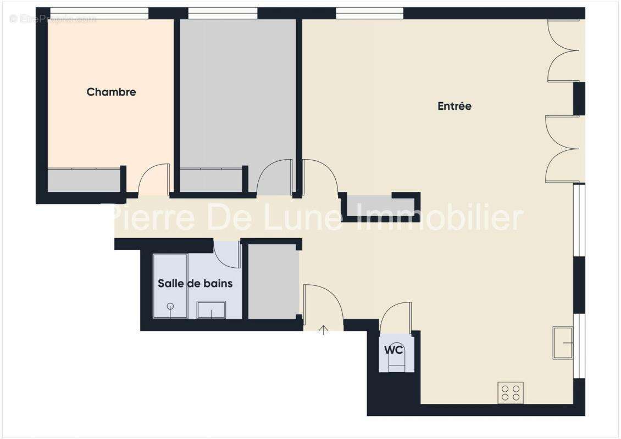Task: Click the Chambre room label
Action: [x=111, y=92]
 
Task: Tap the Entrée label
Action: [x=454, y=106]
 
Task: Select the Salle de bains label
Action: [x=195, y=283]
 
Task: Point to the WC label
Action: [x=393, y=350]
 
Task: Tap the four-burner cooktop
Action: [x=510, y=393]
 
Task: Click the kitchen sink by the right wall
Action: [x=563, y=342]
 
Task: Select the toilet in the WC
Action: [x=396, y=362]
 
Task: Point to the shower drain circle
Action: [x=170, y=306]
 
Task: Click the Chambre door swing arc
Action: [x=153, y=178]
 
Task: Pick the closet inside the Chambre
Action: [x=84, y=181]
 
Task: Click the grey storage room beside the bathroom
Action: [x=273, y=281]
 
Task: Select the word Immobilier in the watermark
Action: [x=440, y=218]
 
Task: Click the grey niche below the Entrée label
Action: [x=379, y=205]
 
